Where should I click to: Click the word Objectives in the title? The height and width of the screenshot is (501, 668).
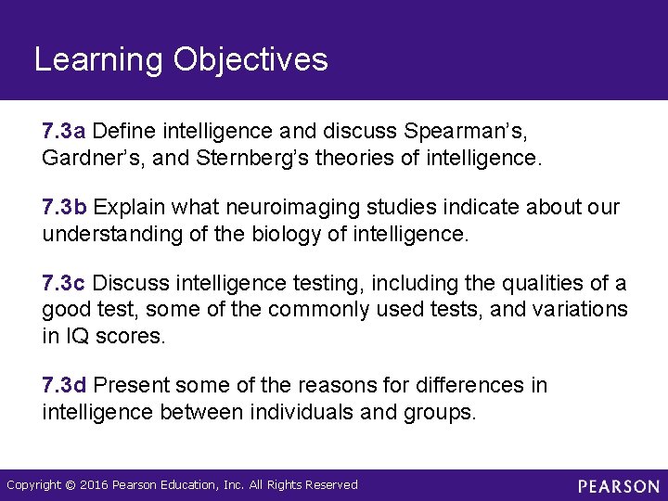point(250,60)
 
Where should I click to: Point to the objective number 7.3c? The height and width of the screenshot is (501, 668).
point(64,282)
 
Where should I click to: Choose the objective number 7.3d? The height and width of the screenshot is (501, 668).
point(65,384)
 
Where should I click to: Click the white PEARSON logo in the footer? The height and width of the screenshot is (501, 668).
point(619,486)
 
